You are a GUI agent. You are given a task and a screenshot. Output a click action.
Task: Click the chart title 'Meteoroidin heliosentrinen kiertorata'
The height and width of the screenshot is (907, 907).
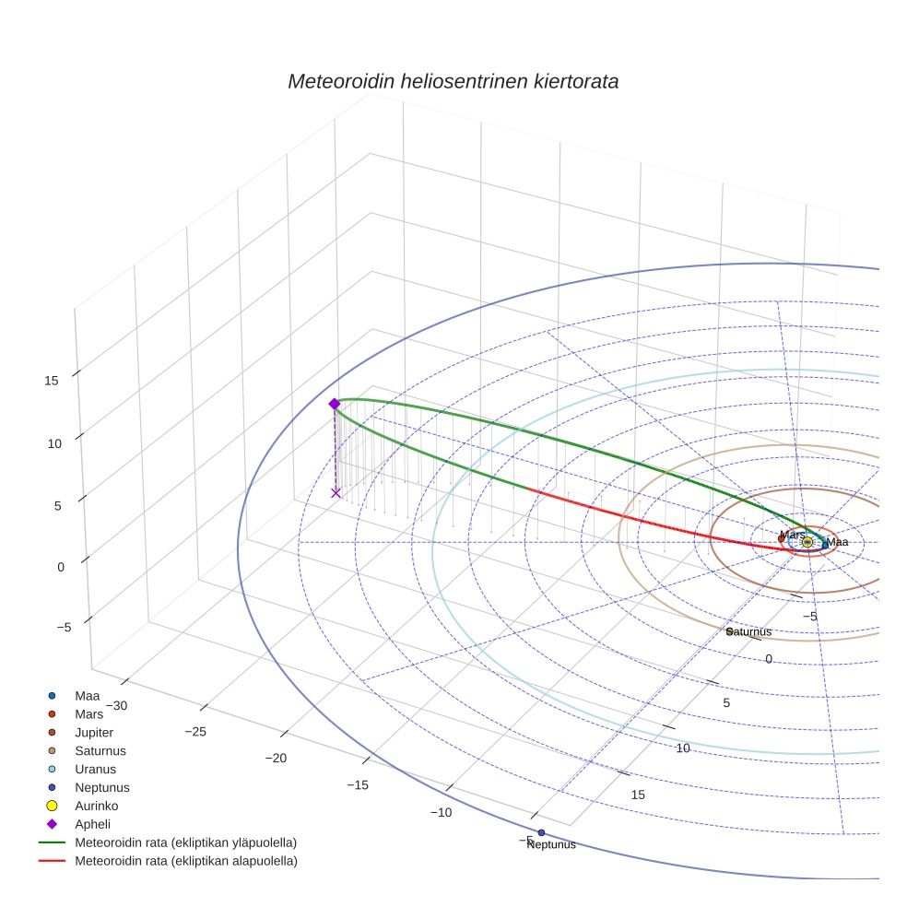click(453, 81)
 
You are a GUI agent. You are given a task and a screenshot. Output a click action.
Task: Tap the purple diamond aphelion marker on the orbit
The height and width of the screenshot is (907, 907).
click(335, 404)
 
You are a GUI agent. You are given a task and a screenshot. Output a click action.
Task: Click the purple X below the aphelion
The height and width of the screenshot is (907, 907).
click(336, 493)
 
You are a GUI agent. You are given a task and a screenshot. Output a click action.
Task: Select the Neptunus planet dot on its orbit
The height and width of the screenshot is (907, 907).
click(541, 833)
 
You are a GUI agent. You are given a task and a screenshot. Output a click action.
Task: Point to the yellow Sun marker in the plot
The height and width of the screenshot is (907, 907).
click(807, 542)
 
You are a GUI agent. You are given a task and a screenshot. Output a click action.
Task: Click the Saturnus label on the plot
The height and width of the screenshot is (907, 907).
click(748, 632)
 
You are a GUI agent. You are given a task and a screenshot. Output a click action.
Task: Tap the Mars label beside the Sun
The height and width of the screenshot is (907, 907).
click(792, 535)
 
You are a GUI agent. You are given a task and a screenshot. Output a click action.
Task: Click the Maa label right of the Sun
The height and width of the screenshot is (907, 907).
click(837, 542)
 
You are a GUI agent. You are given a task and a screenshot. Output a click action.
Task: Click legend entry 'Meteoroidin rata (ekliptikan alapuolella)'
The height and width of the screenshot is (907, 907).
click(185, 861)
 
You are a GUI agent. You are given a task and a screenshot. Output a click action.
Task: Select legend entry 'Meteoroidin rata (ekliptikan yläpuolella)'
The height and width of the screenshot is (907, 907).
click(185, 842)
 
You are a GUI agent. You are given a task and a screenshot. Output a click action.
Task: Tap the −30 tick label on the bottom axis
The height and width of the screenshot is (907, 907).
click(116, 705)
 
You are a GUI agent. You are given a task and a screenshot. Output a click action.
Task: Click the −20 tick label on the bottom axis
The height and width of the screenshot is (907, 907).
click(277, 758)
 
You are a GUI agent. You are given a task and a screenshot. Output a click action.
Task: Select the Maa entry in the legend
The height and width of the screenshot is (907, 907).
click(87, 695)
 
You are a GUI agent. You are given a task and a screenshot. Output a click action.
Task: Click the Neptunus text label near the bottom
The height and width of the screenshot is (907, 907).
click(551, 844)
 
